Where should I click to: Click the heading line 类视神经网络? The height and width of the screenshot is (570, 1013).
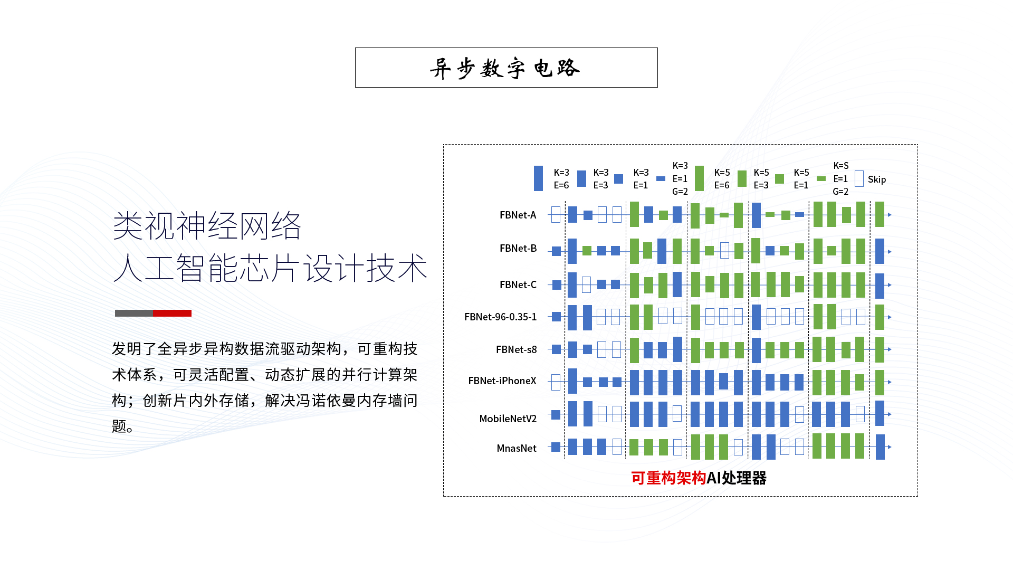207,226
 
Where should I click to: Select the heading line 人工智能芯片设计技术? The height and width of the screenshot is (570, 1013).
270,268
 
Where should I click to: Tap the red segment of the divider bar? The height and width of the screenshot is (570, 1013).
172,313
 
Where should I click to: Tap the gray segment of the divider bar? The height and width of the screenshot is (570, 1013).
134,313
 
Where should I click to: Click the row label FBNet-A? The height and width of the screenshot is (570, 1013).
518,215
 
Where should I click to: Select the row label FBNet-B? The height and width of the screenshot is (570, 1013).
518,248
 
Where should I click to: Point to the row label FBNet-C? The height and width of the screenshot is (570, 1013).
518,284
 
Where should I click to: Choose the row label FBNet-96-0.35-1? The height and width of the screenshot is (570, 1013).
501,317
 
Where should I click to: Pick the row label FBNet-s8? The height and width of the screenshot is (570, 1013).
517,349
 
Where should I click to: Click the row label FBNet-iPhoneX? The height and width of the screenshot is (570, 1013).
502,381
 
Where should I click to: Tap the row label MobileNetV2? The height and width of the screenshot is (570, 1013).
508,419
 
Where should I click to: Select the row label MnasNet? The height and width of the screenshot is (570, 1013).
517,448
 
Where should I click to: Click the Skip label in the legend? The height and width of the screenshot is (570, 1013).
877,179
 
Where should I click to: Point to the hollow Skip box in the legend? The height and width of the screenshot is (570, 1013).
859,179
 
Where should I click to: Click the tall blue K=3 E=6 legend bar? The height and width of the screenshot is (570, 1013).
538,178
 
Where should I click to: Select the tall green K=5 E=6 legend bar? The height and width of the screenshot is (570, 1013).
699,178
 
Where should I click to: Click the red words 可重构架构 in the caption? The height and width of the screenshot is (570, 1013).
668,478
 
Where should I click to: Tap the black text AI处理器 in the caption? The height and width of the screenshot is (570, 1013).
737,478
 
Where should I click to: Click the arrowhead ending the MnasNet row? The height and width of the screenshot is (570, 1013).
890,447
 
